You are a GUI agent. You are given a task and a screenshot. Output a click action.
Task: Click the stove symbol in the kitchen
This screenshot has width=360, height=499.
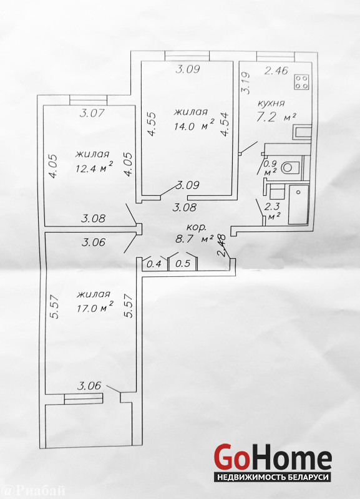(x=301, y=82)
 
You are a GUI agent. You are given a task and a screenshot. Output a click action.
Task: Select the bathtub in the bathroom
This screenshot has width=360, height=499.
(x=299, y=205)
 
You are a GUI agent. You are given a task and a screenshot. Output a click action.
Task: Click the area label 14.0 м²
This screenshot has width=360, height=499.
(x=194, y=126)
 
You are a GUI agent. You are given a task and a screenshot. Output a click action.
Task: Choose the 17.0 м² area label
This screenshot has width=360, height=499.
(x=95, y=308)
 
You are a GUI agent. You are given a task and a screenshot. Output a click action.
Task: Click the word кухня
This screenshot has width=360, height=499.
(x=270, y=104)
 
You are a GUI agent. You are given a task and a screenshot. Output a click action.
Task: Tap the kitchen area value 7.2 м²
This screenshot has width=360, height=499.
(x=276, y=117)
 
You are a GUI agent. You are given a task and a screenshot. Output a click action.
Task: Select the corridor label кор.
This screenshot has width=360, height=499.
(x=197, y=228)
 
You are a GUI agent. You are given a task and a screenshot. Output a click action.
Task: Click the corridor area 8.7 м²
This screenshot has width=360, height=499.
(x=194, y=238)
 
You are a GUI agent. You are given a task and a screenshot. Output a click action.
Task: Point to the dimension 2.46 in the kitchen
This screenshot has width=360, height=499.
(x=276, y=70)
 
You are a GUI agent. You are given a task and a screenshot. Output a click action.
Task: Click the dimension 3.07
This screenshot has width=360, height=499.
(x=92, y=113)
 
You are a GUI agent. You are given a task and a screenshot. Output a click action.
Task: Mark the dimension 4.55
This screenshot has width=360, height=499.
(x=152, y=124)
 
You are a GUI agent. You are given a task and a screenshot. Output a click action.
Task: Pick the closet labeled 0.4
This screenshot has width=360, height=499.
(x=153, y=264)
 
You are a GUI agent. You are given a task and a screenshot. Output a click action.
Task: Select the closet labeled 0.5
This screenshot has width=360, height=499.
(x=183, y=263)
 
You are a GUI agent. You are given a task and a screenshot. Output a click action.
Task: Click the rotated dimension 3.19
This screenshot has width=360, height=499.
(x=246, y=84)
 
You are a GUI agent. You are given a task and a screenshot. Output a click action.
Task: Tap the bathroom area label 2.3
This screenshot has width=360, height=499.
(x=272, y=208)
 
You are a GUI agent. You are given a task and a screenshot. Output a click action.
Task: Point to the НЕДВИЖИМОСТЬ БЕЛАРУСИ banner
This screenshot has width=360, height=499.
(x=272, y=477)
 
